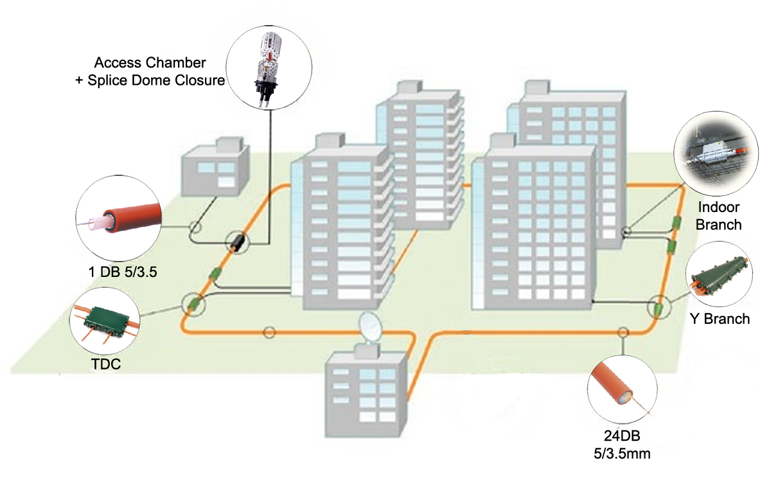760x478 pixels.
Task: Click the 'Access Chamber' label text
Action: pos(150,63)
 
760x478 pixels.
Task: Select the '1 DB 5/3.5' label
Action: pos(123,272)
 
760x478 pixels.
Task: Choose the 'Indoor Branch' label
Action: pos(719,216)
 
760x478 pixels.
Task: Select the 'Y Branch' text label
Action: pos(719,319)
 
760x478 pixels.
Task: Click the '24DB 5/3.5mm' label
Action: pos(622,445)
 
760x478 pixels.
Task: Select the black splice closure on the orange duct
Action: pos(238,242)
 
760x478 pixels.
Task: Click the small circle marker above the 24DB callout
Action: pos(622,332)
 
